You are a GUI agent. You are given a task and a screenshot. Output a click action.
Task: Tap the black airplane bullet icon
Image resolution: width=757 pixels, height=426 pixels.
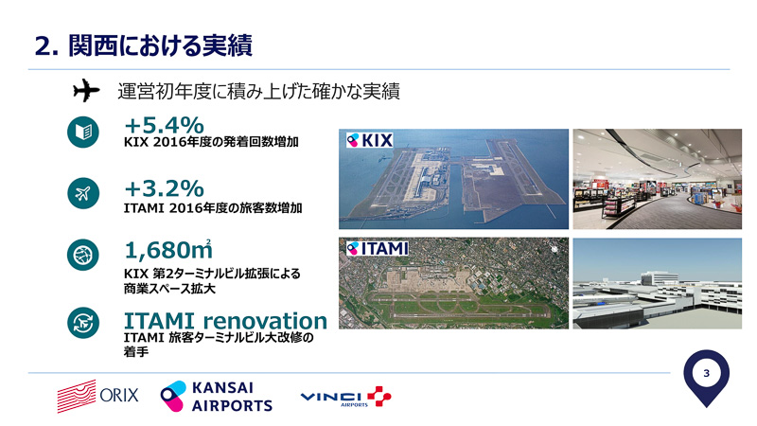tap(86, 91)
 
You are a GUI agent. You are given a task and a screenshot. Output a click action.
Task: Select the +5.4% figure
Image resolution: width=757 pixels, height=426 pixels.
tap(164, 125)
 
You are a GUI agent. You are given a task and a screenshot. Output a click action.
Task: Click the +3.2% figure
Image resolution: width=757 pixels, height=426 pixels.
tap(164, 187)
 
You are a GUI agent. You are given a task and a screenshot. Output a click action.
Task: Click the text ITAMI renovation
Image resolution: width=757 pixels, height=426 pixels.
tap(225, 320)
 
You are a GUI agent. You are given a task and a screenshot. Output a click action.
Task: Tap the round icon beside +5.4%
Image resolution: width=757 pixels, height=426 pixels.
tap(83, 133)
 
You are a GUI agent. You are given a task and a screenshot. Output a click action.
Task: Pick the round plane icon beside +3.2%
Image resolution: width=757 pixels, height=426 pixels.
tap(83, 194)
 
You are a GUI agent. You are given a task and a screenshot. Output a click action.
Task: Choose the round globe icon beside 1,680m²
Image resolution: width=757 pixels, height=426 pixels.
tap(83, 256)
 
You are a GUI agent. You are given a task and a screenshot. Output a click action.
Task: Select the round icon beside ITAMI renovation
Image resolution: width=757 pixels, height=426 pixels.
tap(83, 323)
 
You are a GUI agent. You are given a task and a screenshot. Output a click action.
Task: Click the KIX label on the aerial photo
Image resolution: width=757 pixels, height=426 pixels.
tap(370, 139)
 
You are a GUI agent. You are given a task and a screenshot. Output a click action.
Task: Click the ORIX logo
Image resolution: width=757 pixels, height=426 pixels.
tap(97, 397)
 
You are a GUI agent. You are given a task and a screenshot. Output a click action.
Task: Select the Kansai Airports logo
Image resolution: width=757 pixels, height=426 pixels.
tap(217, 397)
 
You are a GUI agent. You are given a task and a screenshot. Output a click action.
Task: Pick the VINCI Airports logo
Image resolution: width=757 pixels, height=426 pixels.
tap(344, 398)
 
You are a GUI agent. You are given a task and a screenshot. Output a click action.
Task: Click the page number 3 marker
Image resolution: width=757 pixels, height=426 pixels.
tap(706, 376)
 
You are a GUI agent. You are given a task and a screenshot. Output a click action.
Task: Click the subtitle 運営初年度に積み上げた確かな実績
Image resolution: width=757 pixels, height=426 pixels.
tap(258, 92)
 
